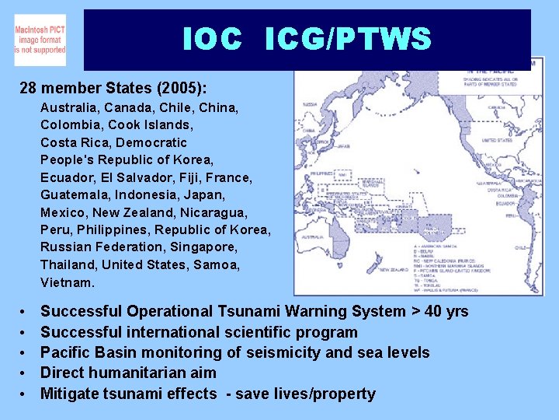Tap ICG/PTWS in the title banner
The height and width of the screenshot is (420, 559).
pyautogui.click(x=347, y=39)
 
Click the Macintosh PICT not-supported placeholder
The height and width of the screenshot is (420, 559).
pyautogui.click(x=40, y=40)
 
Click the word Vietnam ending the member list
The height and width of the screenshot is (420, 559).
pyautogui.click(x=67, y=282)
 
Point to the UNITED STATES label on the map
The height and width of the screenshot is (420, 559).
pyautogui.click(x=496, y=141)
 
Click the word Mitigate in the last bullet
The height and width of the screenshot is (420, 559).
pyautogui.click(x=71, y=394)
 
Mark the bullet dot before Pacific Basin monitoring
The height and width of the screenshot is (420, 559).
pyautogui.click(x=23, y=353)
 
